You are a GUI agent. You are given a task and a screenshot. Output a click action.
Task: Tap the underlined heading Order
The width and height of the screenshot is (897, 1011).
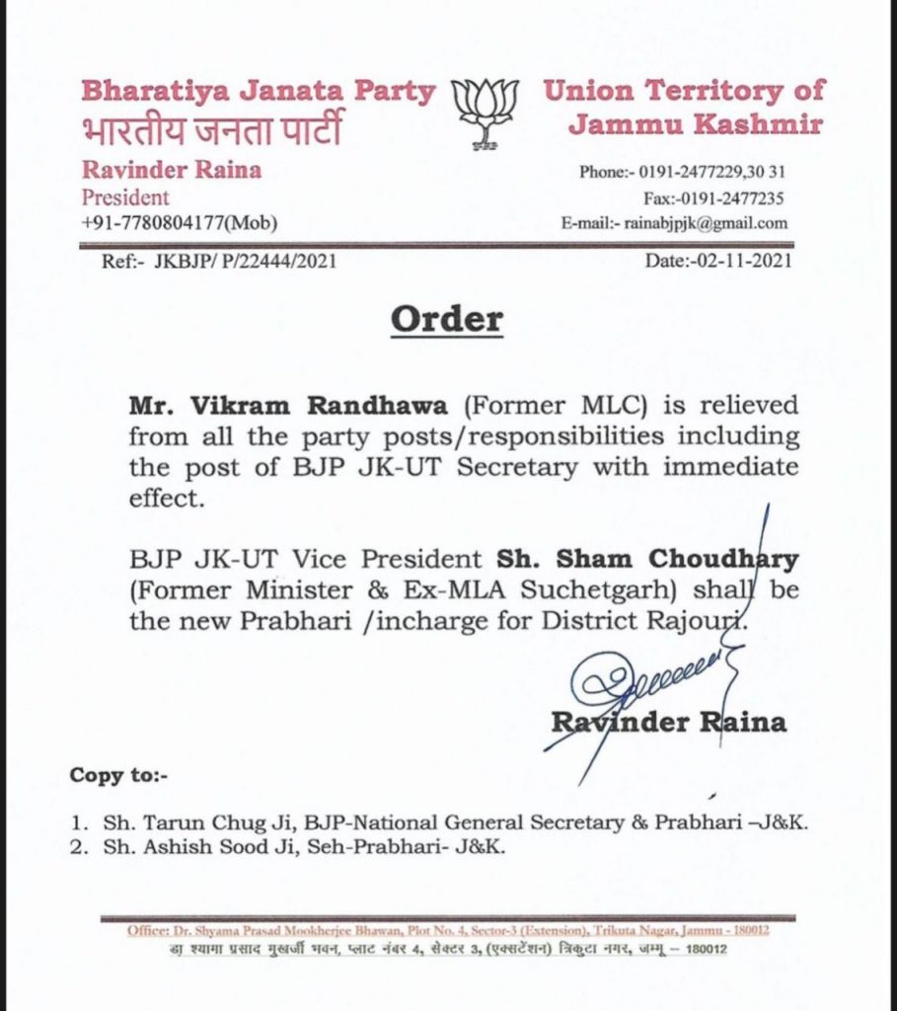446,319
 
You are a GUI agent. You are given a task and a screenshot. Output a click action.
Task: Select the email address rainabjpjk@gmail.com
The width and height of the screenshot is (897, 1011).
707,223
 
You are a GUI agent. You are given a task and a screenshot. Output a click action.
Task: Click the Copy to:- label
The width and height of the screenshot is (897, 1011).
118,775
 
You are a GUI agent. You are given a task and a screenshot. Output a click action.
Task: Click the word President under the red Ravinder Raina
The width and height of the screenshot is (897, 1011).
125,197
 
